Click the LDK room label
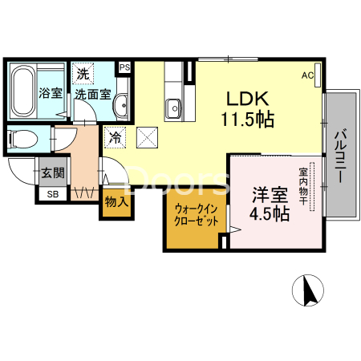coord(248,99)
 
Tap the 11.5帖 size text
coord(248,121)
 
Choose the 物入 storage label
coord(117,201)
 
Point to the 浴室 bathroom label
coord(51,93)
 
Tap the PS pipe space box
coord(124,67)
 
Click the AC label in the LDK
coord(307,75)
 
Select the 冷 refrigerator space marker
coord(116,137)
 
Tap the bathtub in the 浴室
coord(23,92)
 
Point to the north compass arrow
coord(307,290)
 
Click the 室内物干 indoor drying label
coord(304,186)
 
